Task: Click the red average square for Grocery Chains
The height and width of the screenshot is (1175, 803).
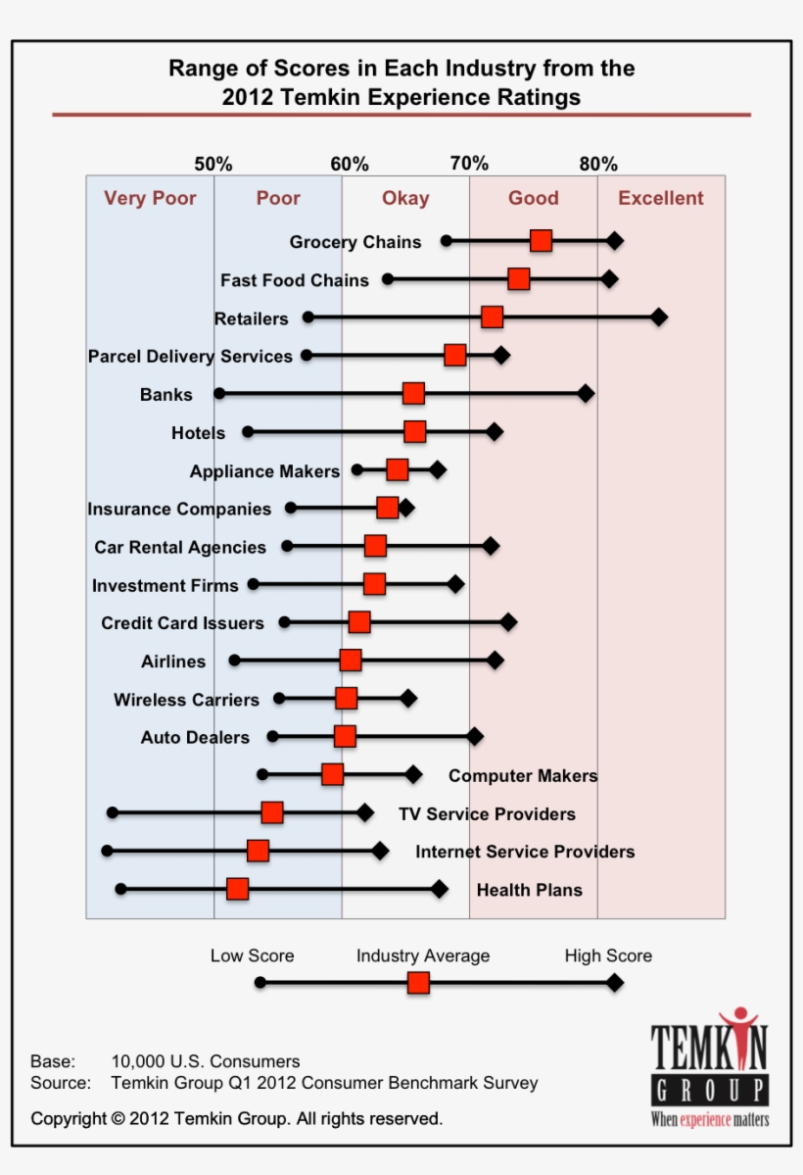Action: click(x=541, y=241)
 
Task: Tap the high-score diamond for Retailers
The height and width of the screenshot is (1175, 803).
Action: click(x=659, y=317)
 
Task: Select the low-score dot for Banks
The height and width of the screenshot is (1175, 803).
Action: click(x=219, y=393)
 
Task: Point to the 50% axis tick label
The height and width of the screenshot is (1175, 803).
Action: click(x=213, y=164)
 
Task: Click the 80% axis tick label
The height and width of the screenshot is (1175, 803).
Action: click(x=597, y=164)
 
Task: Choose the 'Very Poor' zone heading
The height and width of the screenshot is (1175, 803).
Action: click(x=150, y=198)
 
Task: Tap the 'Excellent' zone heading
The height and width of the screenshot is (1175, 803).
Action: click(x=661, y=198)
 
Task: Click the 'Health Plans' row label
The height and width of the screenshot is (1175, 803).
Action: click(x=529, y=890)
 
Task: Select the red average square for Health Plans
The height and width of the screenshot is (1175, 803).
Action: click(x=237, y=889)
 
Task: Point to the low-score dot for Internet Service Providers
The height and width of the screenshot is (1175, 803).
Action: click(x=107, y=851)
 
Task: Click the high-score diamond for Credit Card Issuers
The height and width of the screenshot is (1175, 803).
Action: click(x=508, y=622)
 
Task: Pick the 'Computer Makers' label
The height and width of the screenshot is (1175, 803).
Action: click(x=523, y=776)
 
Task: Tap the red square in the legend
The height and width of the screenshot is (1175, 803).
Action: click(x=418, y=983)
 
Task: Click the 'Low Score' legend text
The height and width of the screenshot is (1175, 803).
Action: click(x=252, y=955)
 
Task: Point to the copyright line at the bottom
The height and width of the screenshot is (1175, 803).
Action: click(x=236, y=1118)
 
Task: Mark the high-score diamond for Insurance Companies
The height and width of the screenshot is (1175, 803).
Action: click(x=405, y=508)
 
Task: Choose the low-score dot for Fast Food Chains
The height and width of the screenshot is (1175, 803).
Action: click(x=388, y=279)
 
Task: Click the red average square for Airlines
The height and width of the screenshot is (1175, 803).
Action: click(x=351, y=660)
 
